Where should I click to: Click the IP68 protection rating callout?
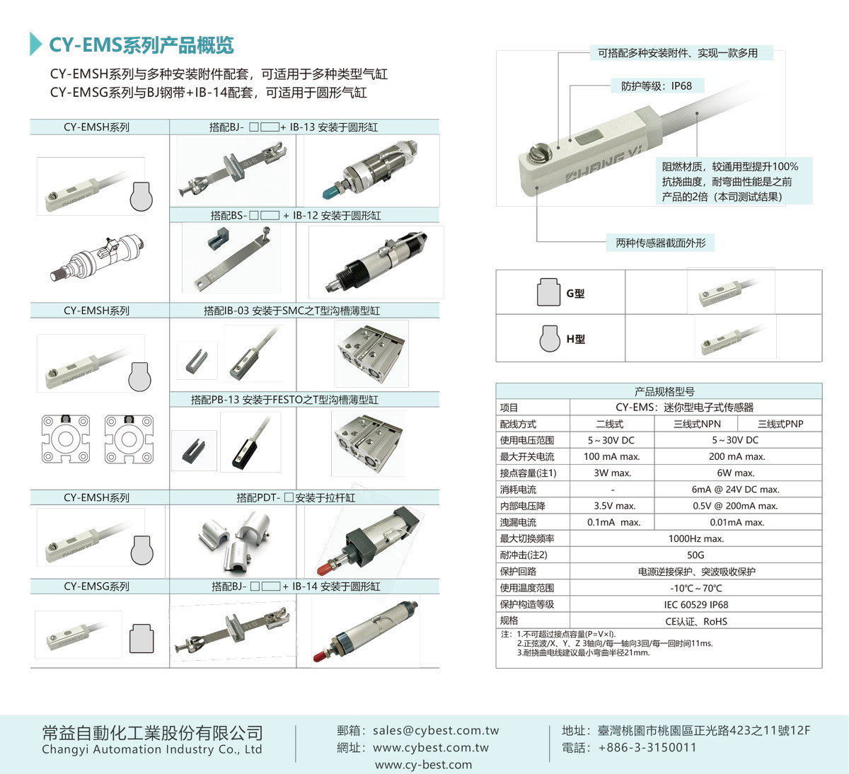(x=657, y=86)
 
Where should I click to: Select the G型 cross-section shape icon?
(x=548, y=292)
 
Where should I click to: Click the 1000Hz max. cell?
(x=696, y=538)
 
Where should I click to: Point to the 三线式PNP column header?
(x=780, y=424)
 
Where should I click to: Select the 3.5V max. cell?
(x=615, y=506)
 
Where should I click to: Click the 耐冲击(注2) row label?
(x=524, y=555)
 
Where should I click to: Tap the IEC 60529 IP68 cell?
(x=696, y=605)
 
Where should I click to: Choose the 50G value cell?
(x=695, y=555)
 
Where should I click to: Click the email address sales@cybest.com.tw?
(x=436, y=730)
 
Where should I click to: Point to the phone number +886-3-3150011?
(x=647, y=747)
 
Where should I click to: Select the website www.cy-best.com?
(x=423, y=765)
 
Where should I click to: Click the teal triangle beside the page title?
(x=35, y=44)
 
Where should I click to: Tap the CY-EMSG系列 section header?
(x=96, y=587)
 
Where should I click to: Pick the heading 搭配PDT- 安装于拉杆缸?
(x=296, y=497)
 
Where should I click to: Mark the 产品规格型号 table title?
(x=664, y=391)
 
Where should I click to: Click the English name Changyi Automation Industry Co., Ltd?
(x=152, y=749)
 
